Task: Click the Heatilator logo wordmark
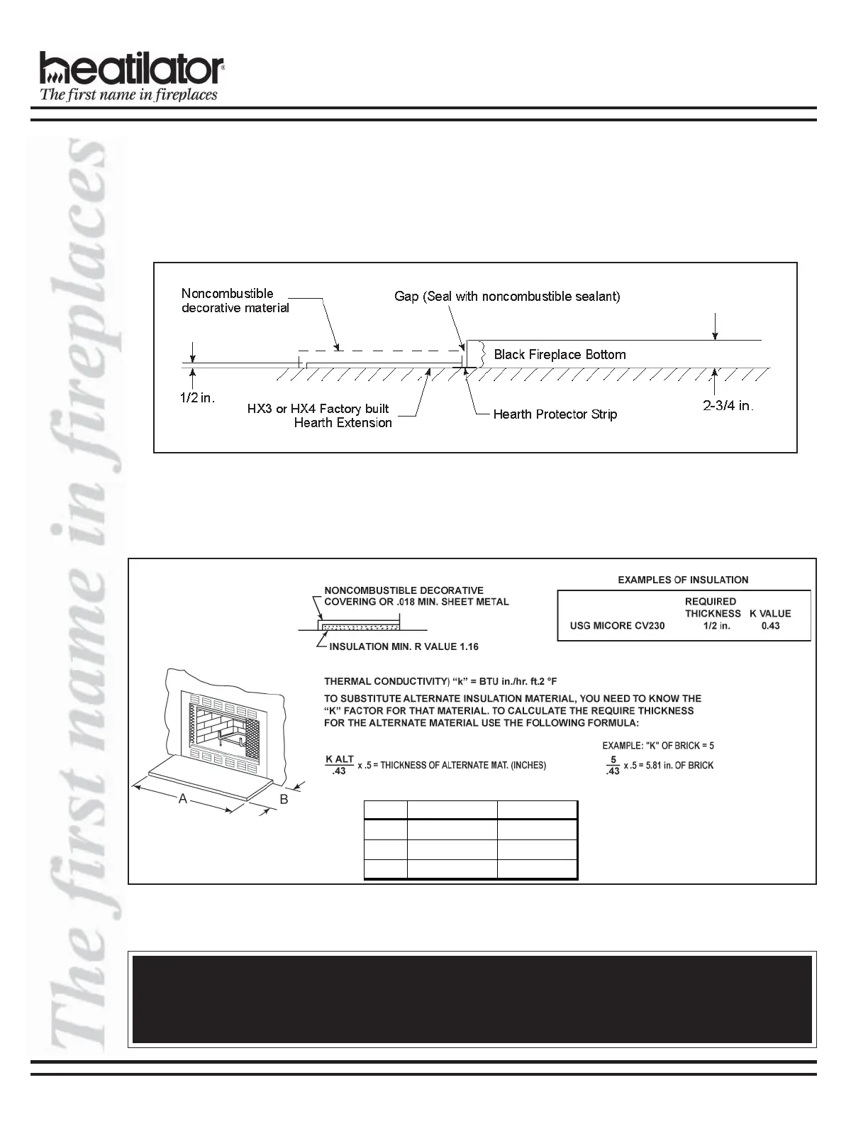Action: pyautogui.click(x=132, y=69)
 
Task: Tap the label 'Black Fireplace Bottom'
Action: pyautogui.click(x=560, y=354)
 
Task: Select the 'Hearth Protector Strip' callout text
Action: pyautogui.click(x=555, y=414)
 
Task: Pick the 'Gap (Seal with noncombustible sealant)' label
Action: pyautogui.click(x=507, y=297)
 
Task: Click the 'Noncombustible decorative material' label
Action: pyautogui.click(x=235, y=301)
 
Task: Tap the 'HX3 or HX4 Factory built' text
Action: pyautogui.click(x=318, y=409)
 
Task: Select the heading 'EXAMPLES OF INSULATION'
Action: pyautogui.click(x=683, y=580)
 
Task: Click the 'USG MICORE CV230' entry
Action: pyautogui.click(x=617, y=626)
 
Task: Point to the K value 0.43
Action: pyautogui.click(x=770, y=626)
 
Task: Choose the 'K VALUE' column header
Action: pyautogui.click(x=770, y=614)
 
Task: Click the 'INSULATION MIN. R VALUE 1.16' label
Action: pyautogui.click(x=404, y=647)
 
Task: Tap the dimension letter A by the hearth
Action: pyautogui.click(x=183, y=799)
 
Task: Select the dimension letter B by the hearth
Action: pyautogui.click(x=284, y=799)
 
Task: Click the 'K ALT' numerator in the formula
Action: pyautogui.click(x=340, y=759)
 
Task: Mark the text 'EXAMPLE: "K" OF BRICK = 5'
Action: pyautogui.click(x=657, y=746)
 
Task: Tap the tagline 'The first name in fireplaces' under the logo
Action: pyautogui.click(x=128, y=95)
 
